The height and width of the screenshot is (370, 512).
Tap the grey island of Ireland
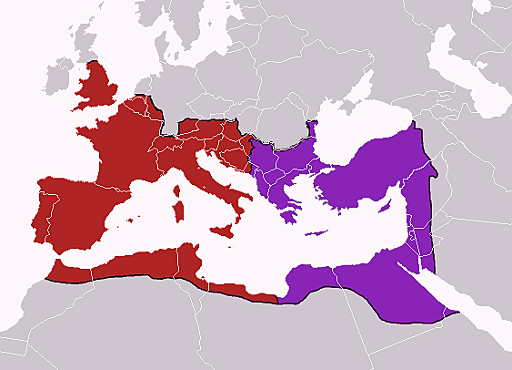click(x=58, y=84)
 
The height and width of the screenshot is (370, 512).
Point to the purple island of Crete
click(x=317, y=232)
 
